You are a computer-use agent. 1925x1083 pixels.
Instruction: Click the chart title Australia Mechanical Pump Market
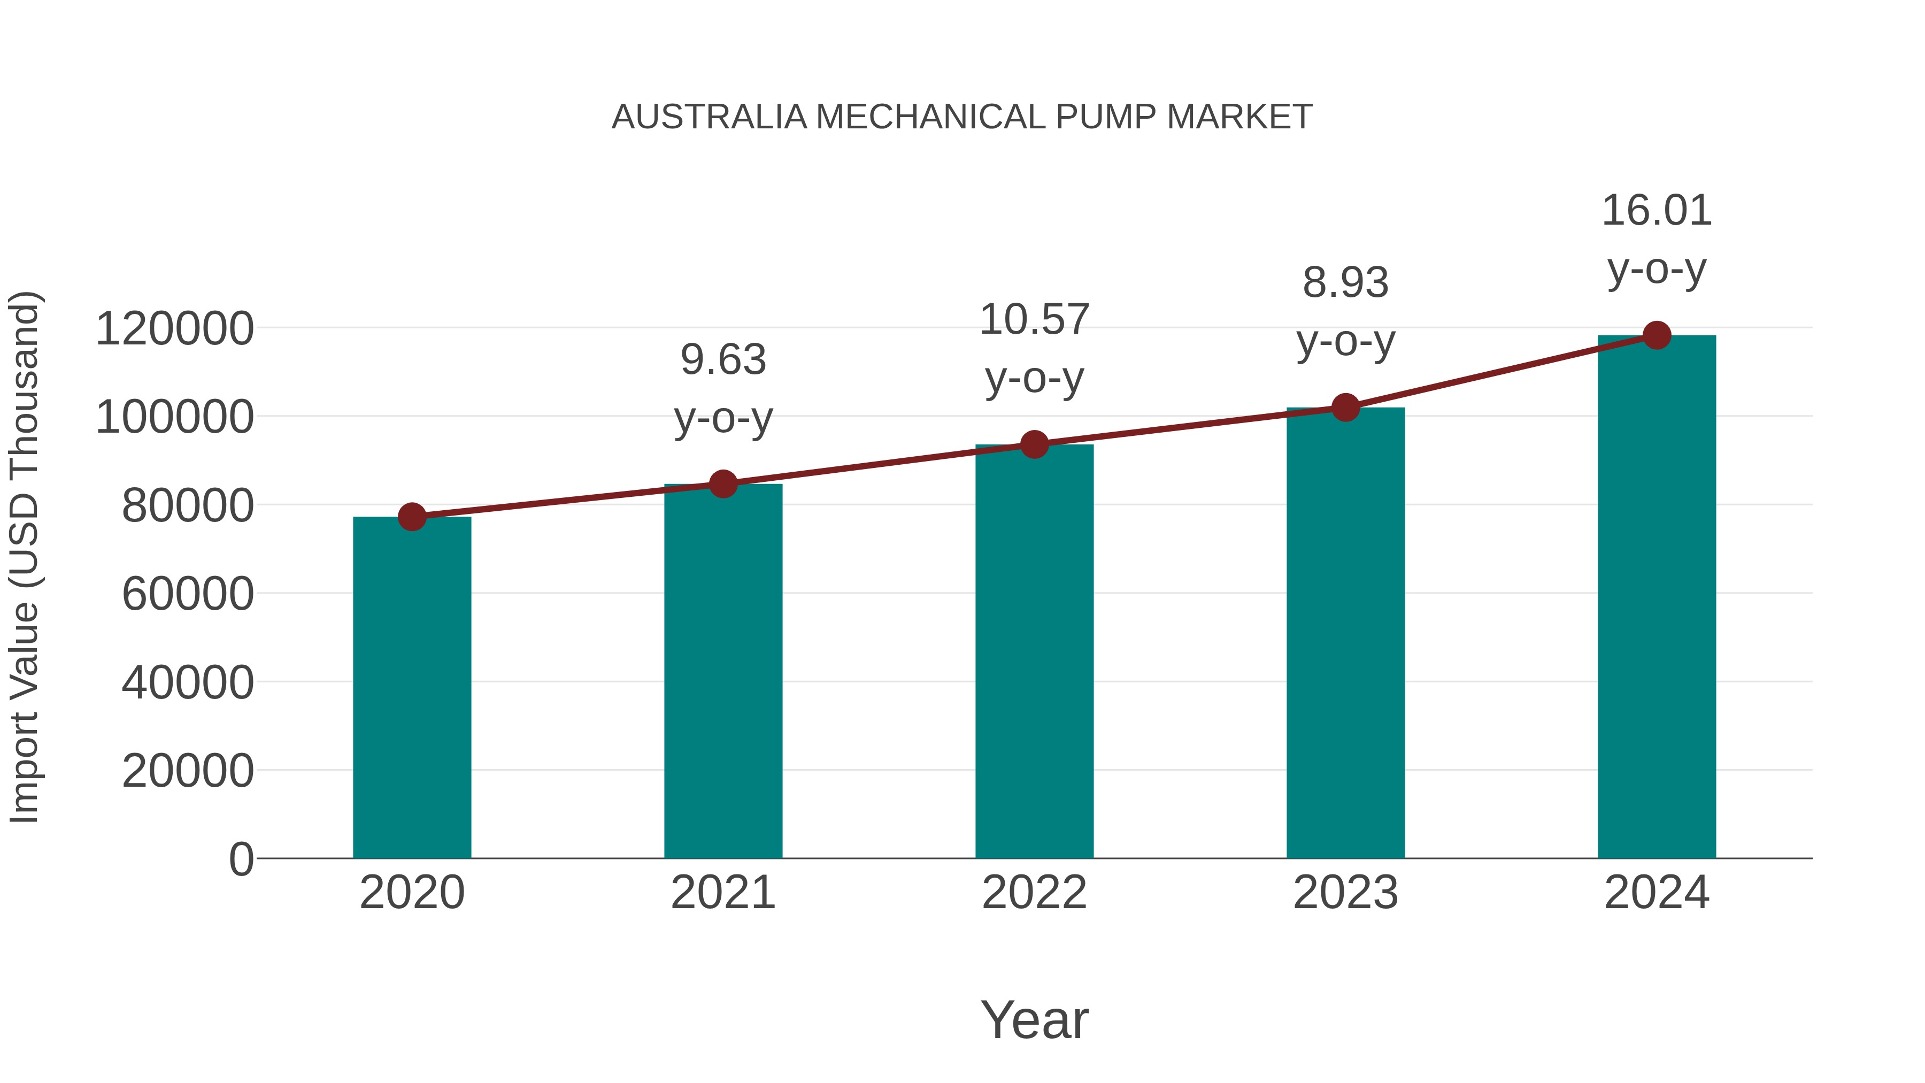tap(962, 117)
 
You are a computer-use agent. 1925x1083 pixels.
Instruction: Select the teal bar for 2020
tap(412, 688)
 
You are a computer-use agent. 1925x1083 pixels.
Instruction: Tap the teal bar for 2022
tap(1034, 650)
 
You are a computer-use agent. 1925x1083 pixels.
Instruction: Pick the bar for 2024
tap(1657, 598)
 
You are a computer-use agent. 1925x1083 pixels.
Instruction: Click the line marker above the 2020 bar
tap(412, 517)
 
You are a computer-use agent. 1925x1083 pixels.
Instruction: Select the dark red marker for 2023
tap(1345, 408)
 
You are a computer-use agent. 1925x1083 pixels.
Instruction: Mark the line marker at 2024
tap(1657, 335)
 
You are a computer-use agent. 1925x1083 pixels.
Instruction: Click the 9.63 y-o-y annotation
tap(722, 389)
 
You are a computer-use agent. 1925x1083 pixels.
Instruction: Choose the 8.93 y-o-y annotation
tap(1345, 312)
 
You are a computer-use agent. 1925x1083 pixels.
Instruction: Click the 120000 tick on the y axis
tap(175, 329)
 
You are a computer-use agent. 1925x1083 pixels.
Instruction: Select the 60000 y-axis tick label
tap(188, 594)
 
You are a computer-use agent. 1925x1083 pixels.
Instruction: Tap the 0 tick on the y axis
tap(241, 859)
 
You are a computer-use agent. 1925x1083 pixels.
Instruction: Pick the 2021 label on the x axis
tap(722, 893)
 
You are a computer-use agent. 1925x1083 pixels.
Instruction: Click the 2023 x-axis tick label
tap(1345, 893)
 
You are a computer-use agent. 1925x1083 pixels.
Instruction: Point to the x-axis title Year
tap(1034, 1019)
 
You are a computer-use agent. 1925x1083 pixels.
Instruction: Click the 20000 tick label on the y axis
tap(188, 771)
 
